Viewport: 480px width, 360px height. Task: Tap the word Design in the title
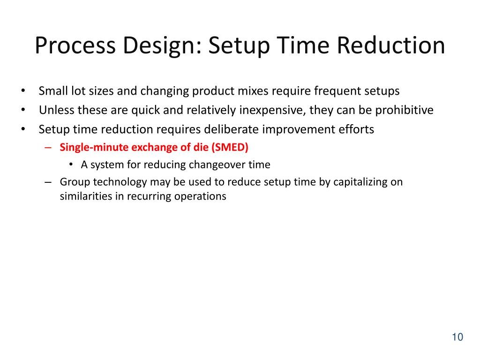158,46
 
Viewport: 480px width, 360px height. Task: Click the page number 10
457,337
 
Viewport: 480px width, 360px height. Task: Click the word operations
200,196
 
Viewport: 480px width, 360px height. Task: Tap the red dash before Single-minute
48,147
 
